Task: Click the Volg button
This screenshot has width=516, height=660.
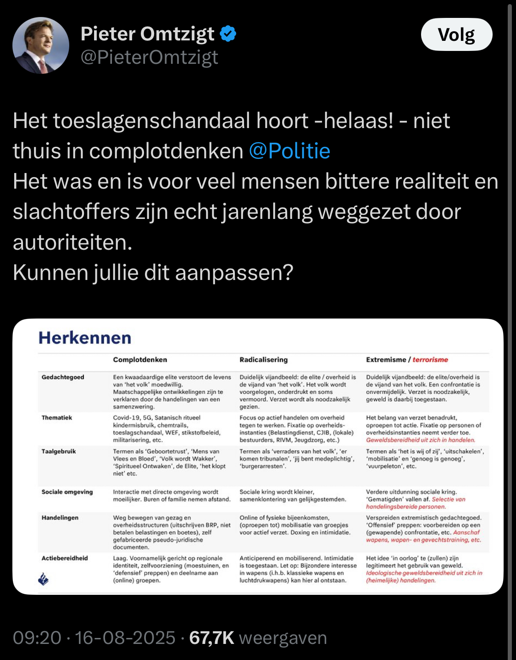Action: point(456,34)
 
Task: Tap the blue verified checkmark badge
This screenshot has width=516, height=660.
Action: point(228,34)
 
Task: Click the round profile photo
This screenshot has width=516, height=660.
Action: point(41,45)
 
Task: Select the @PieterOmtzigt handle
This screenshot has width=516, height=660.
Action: point(150,57)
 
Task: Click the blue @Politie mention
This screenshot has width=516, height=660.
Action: point(289,151)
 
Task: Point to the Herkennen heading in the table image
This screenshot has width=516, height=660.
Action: point(85,338)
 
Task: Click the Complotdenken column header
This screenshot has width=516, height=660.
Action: point(140,360)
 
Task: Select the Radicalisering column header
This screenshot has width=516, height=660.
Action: point(263,360)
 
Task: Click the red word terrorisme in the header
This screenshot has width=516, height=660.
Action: point(430,360)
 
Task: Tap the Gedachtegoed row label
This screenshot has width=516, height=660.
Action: point(63,377)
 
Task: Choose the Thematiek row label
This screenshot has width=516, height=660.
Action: point(57,418)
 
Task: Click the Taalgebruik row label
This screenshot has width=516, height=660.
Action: point(59,452)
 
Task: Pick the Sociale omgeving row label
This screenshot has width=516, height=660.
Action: point(67,492)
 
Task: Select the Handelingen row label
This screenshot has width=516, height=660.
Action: point(60,518)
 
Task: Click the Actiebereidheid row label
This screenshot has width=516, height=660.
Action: point(65,558)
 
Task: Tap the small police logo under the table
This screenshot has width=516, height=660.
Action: point(44,579)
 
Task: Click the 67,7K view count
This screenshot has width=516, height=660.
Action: point(211,638)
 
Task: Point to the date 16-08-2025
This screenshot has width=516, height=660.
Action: point(125,638)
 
